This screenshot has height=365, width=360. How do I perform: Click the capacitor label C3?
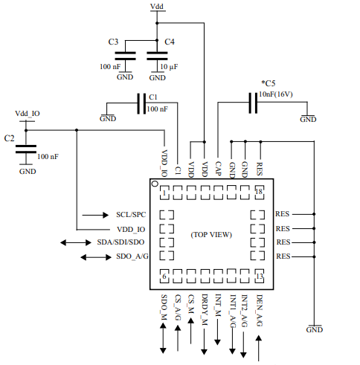[x=113, y=42]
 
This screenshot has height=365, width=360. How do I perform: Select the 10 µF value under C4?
[x=167, y=67]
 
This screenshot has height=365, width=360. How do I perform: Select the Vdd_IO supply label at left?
[x=28, y=113]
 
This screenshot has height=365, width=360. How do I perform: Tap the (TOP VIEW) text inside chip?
[x=211, y=234]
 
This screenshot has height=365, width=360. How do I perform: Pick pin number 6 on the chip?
[x=164, y=277]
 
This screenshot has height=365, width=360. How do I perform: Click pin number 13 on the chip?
[x=259, y=277]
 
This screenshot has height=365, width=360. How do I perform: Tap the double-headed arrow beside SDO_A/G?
[x=94, y=257]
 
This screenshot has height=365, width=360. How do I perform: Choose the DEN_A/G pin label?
[x=259, y=311]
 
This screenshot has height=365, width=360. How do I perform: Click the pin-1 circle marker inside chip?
[x=155, y=184]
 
